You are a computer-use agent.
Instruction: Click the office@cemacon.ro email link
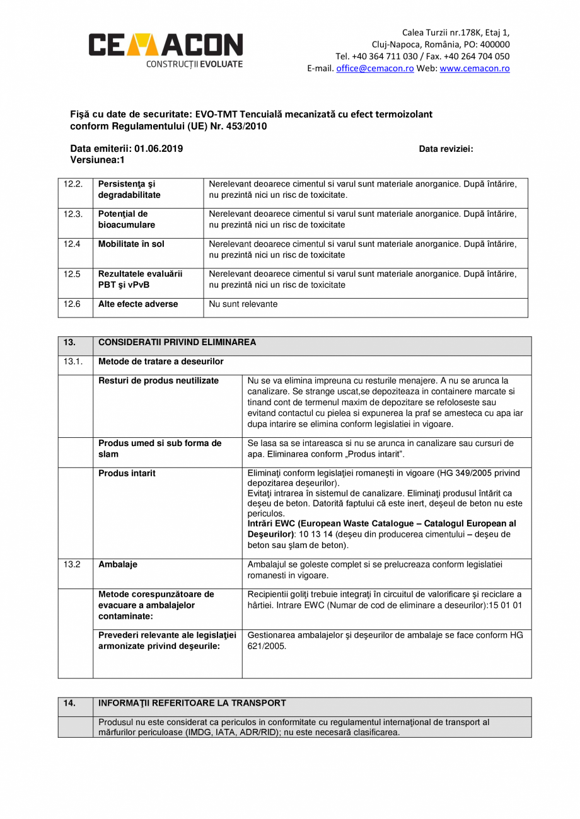374,69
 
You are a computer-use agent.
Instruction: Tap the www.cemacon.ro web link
474,69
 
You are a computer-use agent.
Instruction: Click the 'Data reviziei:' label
446,149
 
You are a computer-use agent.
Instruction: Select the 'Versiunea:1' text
97,160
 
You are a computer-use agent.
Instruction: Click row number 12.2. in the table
73,184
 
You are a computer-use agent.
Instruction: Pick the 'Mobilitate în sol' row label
131,244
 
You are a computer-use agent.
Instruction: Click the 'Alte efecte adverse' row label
138,304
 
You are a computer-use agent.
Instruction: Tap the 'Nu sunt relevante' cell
243,304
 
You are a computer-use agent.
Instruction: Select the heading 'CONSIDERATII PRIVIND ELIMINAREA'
177,343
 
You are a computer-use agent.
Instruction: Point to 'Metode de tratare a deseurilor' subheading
161,362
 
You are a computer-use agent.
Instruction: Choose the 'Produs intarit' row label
127,473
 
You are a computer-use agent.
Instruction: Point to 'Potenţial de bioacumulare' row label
126,219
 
